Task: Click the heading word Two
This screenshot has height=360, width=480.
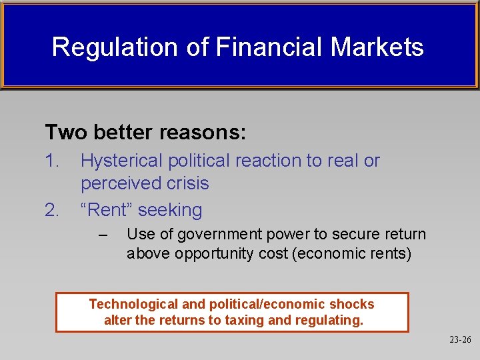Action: point(67,132)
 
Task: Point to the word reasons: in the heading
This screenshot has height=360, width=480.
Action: point(203,133)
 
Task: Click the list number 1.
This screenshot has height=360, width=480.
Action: point(51,161)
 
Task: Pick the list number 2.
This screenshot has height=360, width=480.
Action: point(52,210)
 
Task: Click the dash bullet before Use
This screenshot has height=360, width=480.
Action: point(102,235)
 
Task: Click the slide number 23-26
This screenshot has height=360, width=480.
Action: point(460,340)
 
